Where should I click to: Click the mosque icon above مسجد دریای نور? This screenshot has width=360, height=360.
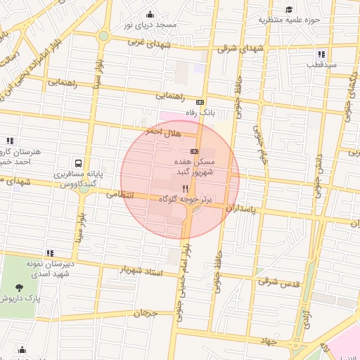(150, 15)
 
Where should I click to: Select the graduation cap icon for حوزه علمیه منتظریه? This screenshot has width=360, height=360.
(289, 9)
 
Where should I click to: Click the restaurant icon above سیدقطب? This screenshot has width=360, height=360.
(321, 54)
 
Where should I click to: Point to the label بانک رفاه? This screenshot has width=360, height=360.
(199, 112)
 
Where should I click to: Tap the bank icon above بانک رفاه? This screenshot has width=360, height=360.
(200, 101)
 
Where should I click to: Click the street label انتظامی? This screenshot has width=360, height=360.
(120, 193)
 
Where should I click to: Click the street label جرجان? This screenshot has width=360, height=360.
(141, 312)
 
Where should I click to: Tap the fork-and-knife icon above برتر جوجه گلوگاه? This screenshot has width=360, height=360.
(186, 188)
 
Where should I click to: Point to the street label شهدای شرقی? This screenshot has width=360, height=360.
(240, 48)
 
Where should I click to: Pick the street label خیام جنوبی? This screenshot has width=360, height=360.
(262, 144)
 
